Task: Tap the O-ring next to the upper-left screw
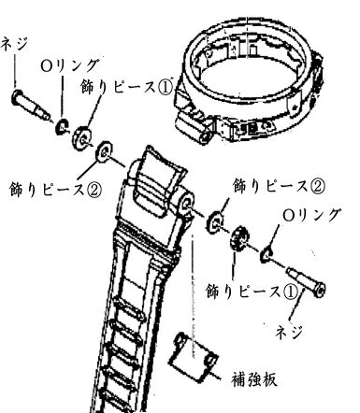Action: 60,124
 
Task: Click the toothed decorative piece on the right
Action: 238,237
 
